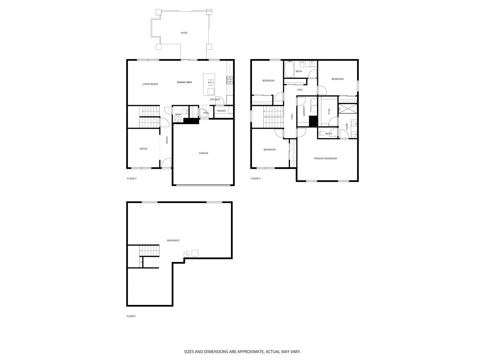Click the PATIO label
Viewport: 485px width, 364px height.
184,33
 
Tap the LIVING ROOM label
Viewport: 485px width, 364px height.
150,84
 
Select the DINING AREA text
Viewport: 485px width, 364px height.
185,82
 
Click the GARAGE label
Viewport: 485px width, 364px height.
203,153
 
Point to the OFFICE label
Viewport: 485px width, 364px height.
143,149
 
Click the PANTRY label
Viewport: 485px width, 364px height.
222,111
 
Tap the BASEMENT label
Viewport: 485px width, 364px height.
173,241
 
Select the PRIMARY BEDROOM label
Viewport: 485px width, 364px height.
325,158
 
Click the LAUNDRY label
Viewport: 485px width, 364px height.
304,111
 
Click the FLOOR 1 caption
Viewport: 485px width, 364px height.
131,316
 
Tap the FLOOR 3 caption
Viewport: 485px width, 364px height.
256,179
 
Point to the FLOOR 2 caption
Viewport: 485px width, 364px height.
132,179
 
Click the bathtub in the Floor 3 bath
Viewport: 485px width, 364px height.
289,69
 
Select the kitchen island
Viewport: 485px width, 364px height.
209,84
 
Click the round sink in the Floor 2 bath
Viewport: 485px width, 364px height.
177,120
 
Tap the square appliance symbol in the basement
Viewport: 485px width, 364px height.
195,253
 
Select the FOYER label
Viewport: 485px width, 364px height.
166,140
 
